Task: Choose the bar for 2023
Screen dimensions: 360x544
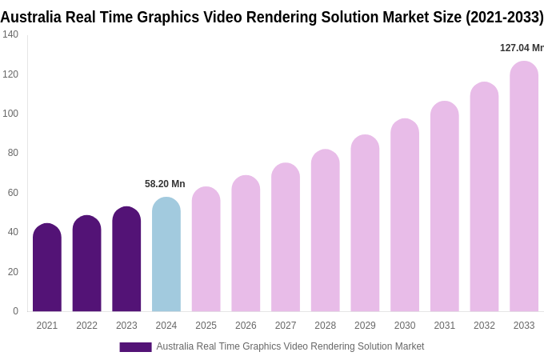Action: coord(126,259)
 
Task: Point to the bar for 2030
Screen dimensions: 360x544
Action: coord(405,215)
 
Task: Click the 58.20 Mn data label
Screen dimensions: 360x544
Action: coord(165,184)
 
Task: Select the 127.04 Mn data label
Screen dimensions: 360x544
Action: coord(522,48)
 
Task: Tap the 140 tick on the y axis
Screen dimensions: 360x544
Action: coord(10,34)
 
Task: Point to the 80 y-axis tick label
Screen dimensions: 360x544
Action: coord(13,153)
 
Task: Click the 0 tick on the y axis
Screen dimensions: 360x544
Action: coord(15,311)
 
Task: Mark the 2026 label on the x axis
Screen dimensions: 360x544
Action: coord(246,326)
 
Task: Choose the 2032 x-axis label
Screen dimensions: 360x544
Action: coord(484,326)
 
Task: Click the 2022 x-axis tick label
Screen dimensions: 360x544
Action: coord(86,326)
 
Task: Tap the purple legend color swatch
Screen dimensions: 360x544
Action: coord(135,347)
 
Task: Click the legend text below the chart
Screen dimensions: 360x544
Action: coord(290,346)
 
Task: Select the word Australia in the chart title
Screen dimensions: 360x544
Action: coord(29,17)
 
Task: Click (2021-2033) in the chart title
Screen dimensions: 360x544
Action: coord(504,17)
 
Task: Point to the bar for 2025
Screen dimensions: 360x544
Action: coord(206,250)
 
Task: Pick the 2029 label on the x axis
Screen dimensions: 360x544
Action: coord(365,326)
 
